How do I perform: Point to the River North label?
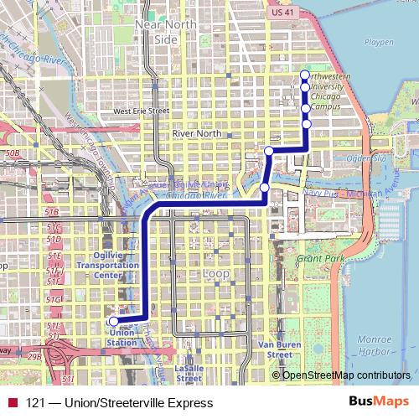[196, 133]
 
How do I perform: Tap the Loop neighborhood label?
[216, 273]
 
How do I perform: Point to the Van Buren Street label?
[275, 349]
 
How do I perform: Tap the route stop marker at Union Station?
[114, 320]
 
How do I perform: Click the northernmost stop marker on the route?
[305, 75]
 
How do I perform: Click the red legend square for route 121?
[12, 403]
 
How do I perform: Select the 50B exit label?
[12, 154]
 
